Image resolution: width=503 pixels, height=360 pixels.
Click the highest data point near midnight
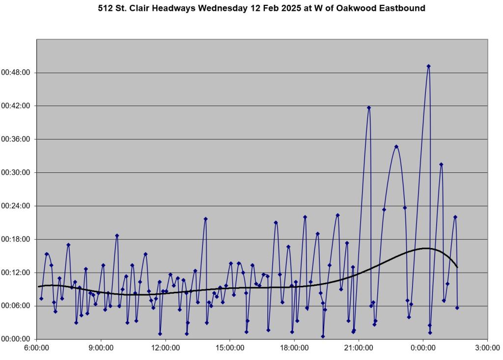(428, 66)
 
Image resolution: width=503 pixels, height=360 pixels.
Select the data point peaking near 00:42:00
(369, 108)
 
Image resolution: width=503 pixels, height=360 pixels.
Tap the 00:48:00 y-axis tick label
(16, 73)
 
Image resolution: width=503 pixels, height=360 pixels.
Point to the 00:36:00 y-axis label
(16, 139)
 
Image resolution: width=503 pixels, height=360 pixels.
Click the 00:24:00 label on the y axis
(16, 206)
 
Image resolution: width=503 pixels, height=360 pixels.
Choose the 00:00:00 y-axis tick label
(16, 339)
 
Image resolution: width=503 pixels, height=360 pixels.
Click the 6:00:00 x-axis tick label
(37, 348)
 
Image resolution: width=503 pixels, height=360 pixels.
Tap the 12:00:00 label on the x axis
(166, 348)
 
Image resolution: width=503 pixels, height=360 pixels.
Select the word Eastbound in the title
(402, 8)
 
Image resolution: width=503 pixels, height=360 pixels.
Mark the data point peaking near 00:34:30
(396, 146)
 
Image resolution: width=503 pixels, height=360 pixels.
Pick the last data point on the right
(457, 308)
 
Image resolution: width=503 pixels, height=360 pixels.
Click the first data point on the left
(41, 299)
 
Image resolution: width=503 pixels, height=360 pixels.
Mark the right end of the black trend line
(457, 267)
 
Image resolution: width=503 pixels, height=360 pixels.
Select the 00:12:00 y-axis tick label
(16, 273)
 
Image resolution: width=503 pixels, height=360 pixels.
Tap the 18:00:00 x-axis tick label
(294, 348)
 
